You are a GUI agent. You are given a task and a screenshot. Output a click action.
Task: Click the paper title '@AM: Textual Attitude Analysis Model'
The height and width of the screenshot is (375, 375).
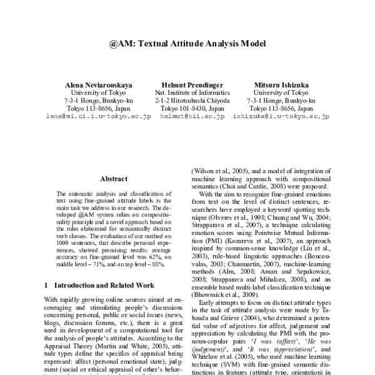(187, 44)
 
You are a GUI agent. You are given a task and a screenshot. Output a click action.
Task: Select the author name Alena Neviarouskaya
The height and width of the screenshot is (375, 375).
(98, 84)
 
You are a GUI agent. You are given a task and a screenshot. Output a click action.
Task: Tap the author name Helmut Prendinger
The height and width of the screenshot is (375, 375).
(187, 84)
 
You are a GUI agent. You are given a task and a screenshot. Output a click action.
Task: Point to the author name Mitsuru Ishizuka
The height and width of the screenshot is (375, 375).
(276, 84)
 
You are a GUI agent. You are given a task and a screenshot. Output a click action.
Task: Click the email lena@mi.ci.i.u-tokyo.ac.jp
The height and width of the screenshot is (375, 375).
(98, 116)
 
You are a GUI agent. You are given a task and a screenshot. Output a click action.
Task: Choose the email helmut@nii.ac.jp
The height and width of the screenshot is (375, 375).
(187, 116)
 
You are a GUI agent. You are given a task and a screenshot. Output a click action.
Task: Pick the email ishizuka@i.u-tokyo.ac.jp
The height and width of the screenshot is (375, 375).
(276, 116)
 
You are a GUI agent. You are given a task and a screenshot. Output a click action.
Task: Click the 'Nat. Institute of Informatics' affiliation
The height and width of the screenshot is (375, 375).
(187, 92)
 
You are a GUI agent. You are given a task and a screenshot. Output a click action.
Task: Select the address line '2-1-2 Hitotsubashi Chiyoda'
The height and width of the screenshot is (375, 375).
(187, 100)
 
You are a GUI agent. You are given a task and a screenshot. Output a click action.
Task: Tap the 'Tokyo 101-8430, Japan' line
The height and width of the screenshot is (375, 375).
(187, 108)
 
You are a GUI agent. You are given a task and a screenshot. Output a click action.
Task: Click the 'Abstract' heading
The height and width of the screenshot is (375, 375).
(114, 177)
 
